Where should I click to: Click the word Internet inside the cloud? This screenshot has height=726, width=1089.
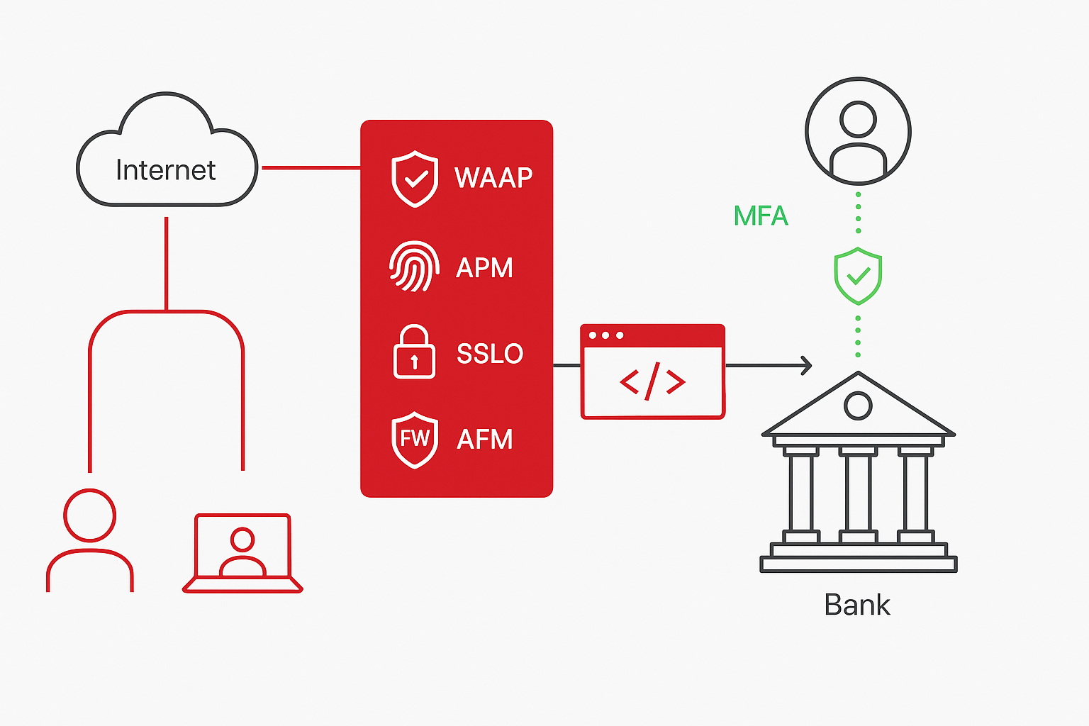165,170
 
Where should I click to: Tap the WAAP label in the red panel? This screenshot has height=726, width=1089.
493,177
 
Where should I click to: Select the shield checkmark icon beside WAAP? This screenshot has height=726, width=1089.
415,179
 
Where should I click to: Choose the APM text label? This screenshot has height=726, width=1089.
484,268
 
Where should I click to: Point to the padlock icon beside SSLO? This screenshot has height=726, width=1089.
414,352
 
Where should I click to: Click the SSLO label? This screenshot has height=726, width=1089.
490,353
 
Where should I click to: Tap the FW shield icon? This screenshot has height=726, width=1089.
415,440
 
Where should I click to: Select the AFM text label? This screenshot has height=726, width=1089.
485,440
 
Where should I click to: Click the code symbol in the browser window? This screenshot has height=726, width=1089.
652,381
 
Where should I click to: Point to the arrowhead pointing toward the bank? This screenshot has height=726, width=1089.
805,366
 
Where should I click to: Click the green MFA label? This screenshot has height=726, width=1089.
761,216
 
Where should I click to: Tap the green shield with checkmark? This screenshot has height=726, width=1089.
858,276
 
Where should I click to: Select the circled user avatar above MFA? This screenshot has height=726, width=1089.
858,132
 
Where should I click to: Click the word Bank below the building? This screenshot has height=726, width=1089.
857,605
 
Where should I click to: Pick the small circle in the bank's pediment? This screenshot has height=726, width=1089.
858,406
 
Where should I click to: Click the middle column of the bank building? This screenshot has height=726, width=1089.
858,493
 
